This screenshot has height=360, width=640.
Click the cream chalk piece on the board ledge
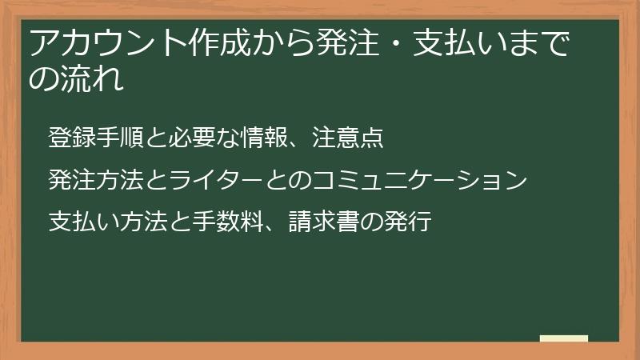coord(563,338)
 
